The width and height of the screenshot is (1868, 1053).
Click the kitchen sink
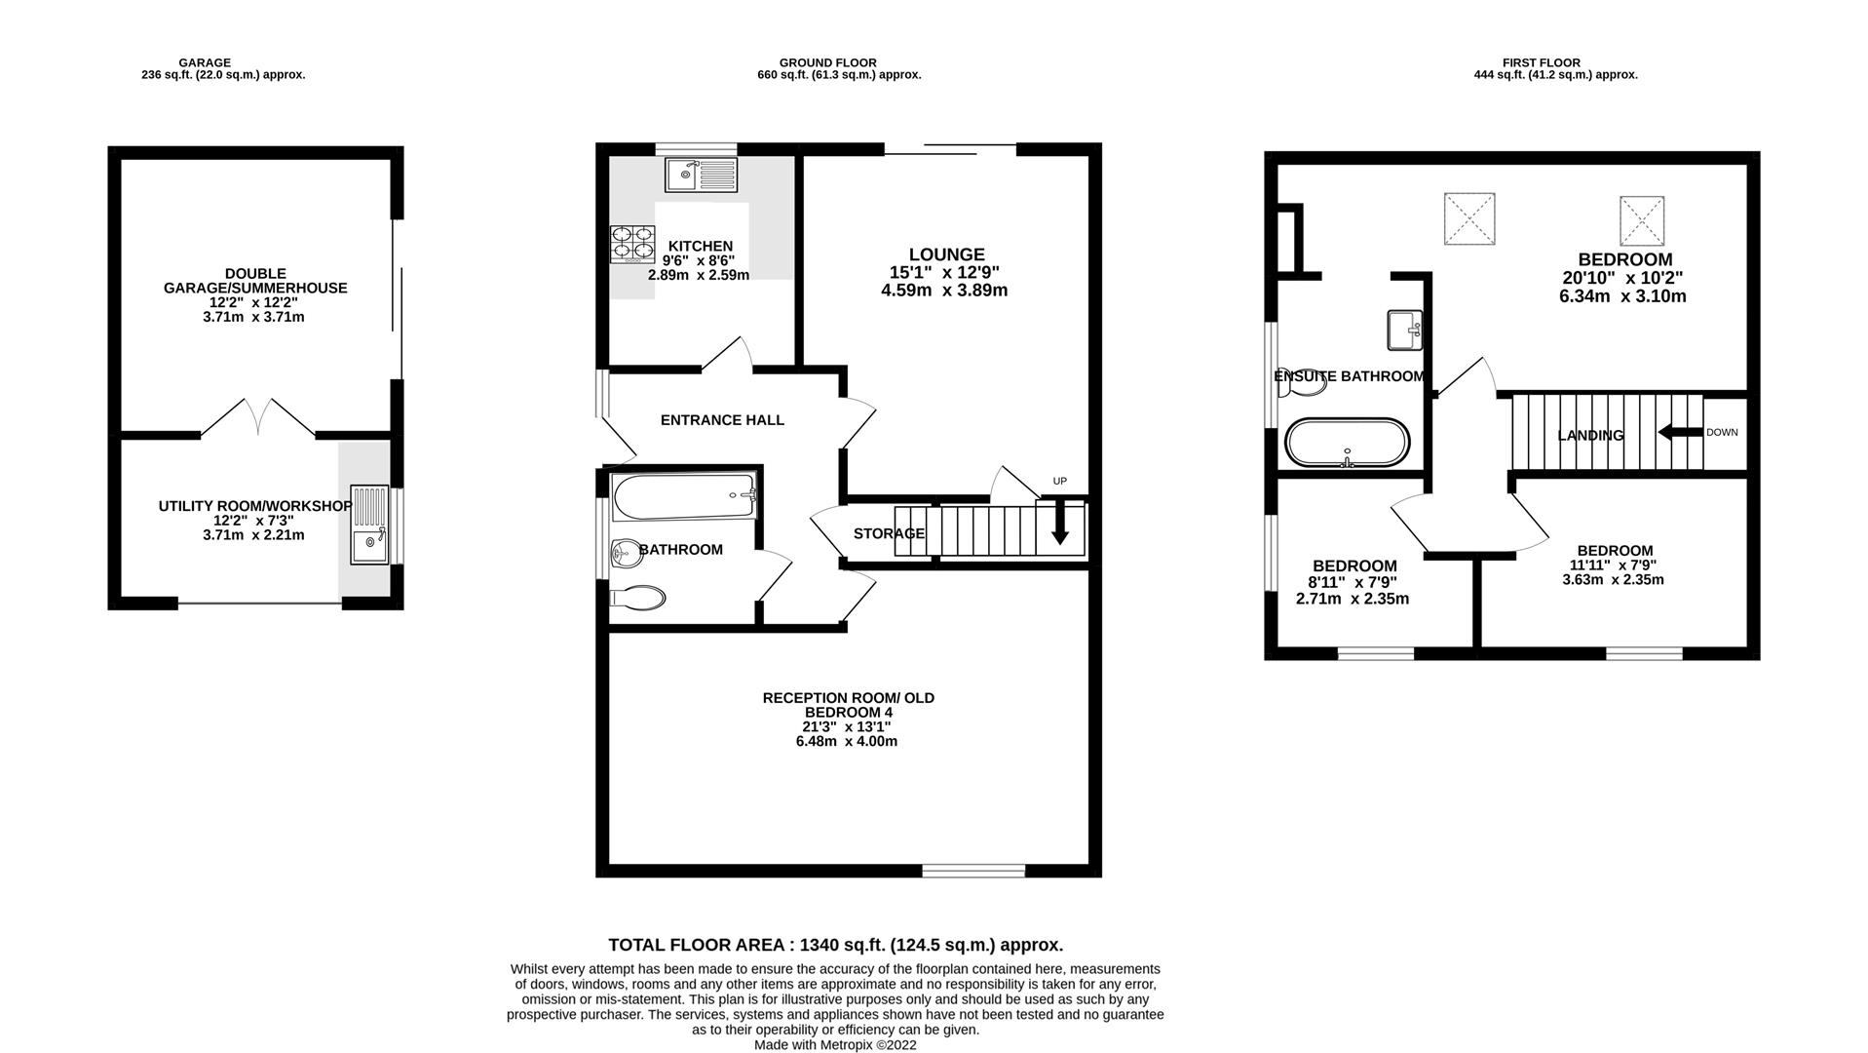(702, 175)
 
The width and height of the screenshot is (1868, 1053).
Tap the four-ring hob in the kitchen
(633, 245)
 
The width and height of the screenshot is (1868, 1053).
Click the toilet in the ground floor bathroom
(636, 597)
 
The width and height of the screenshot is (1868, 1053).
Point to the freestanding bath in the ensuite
(1347, 443)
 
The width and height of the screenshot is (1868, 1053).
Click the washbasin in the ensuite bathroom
(1404, 330)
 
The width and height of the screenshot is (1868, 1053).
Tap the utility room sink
(369, 525)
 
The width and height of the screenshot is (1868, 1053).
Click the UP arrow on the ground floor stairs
(1059, 522)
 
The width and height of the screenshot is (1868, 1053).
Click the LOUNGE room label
(947, 254)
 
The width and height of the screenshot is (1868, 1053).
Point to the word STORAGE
(889, 533)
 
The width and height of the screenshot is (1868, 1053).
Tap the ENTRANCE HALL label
(722, 420)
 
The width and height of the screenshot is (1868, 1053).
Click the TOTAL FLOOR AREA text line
(835, 945)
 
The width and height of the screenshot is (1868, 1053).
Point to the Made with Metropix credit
(835, 1045)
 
